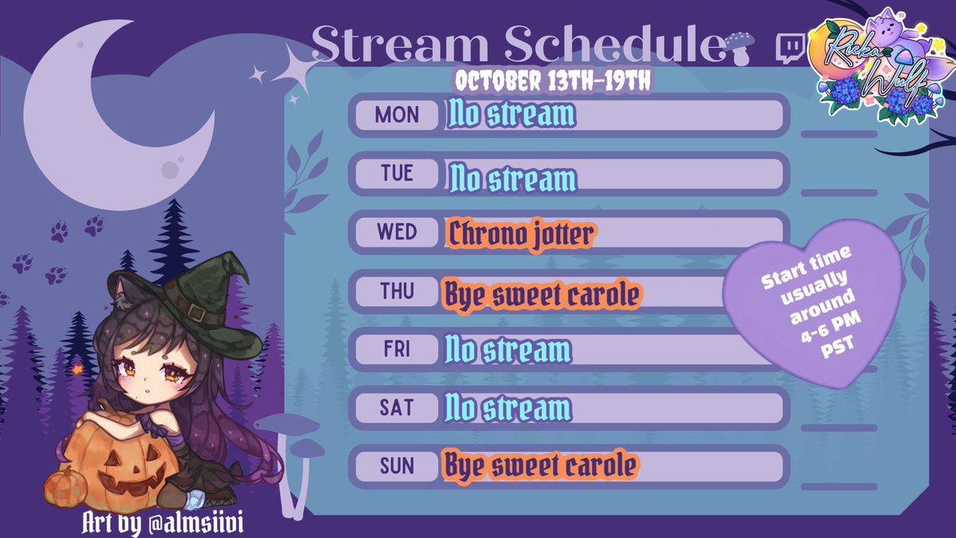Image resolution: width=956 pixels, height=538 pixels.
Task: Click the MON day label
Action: click(x=397, y=116)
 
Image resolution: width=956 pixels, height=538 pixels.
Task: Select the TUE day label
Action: click(x=397, y=174)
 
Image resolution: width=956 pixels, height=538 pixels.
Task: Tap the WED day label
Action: click(x=397, y=232)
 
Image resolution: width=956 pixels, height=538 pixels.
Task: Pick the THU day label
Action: click(x=397, y=291)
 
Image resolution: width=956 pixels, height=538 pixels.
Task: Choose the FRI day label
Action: click(x=397, y=349)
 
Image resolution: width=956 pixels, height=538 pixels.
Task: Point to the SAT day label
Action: click(x=397, y=408)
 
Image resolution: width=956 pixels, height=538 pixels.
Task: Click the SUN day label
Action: click(x=397, y=466)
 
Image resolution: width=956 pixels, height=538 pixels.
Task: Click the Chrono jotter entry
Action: click(x=521, y=234)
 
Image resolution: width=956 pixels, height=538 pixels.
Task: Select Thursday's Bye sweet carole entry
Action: click(x=541, y=294)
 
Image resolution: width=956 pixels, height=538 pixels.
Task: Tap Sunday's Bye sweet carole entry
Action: click(x=541, y=465)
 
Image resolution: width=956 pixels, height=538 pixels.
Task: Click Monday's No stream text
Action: click(x=511, y=116)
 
